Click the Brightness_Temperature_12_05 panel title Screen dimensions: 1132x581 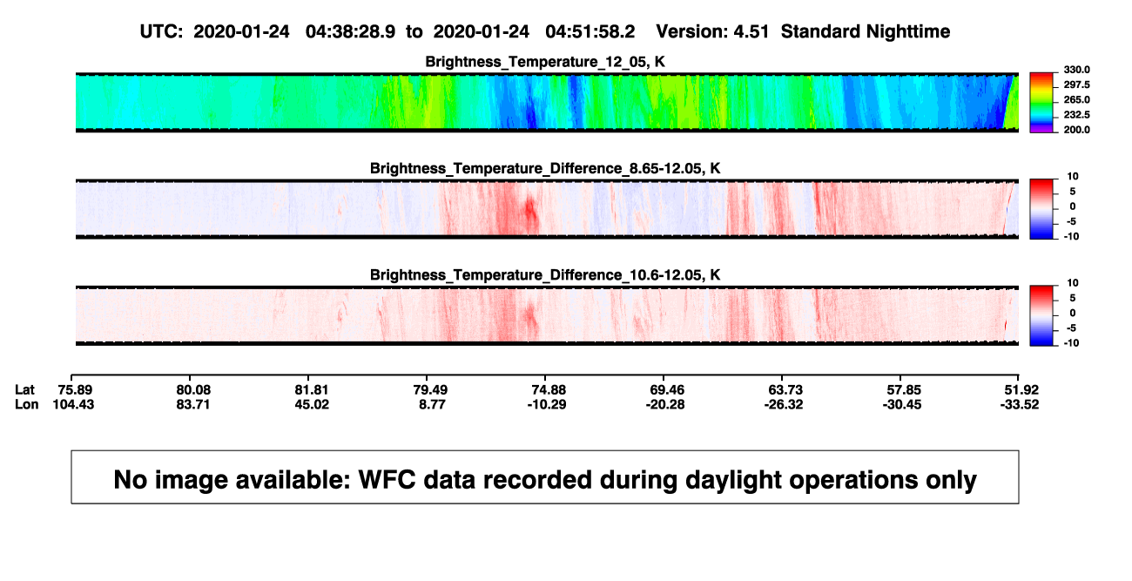(x=545, y=62)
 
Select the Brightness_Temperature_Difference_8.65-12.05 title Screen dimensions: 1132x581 (x=545, y=168)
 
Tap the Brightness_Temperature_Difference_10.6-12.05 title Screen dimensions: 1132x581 (x=545, y=275)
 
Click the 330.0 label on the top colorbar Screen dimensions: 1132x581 (x=1076, y=70)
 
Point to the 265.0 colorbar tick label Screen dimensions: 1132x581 (x=1076, y=99)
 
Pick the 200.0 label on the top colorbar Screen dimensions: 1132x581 (x=1076, y=130)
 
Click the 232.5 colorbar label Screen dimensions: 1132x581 (x=1076, y=115)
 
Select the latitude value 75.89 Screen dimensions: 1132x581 (x=75, y=390)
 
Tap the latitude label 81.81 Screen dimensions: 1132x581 (x=312, y=390)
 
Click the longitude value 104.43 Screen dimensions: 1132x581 (x=73, y=404)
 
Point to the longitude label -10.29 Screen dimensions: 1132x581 (x=547, y=404)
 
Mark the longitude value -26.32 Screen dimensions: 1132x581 (x=784, y=404)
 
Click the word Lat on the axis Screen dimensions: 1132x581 (x=24, y=390)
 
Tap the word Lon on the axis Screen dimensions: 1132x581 (x=27, y=404)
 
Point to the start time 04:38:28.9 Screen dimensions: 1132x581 (x=350, y=32)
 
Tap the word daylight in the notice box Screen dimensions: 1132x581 (x=731, y=480)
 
